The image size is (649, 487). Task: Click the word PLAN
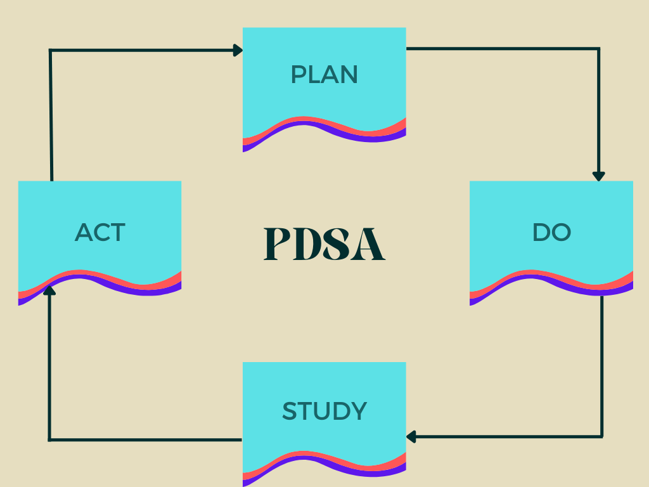point(324,75)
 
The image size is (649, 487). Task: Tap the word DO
point(551,232)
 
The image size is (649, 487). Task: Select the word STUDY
point(324,412)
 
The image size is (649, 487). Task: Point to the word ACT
point(100,232)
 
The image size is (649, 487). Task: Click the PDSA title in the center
point(324,243)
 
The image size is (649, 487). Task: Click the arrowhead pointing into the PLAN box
point(238,50)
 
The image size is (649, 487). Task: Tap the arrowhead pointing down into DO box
point(599,176)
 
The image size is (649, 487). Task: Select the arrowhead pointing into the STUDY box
point(411,436)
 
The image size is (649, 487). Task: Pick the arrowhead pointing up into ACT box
point(49,290)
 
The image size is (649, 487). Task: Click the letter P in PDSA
point(278,243)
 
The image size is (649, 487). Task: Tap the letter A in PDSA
point(371,243)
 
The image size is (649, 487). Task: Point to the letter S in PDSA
point(339,243)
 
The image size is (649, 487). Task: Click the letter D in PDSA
point(309,243)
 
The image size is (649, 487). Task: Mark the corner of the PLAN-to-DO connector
point(599,48)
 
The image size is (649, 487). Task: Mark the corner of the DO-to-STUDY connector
point(602,436)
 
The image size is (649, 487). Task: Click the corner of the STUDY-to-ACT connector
point(49,439)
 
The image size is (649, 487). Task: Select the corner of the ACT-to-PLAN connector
point(51,50)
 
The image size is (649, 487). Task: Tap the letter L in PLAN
point(314,75)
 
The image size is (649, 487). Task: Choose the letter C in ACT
point(100,232)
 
